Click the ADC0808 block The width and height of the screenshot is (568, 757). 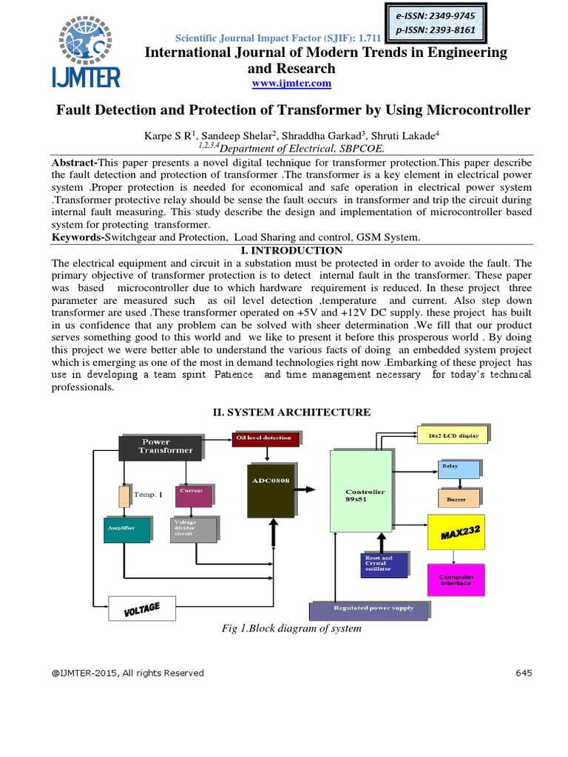coord(271,490)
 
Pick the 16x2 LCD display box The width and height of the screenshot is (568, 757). coord(453,435)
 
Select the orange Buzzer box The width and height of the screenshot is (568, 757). coord(458,499)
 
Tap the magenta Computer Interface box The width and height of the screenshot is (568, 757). coord(457,580)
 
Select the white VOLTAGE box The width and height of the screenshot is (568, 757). coord(143,608)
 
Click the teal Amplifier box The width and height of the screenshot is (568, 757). coord(126,529)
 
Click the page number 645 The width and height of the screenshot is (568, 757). coord(523,673)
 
